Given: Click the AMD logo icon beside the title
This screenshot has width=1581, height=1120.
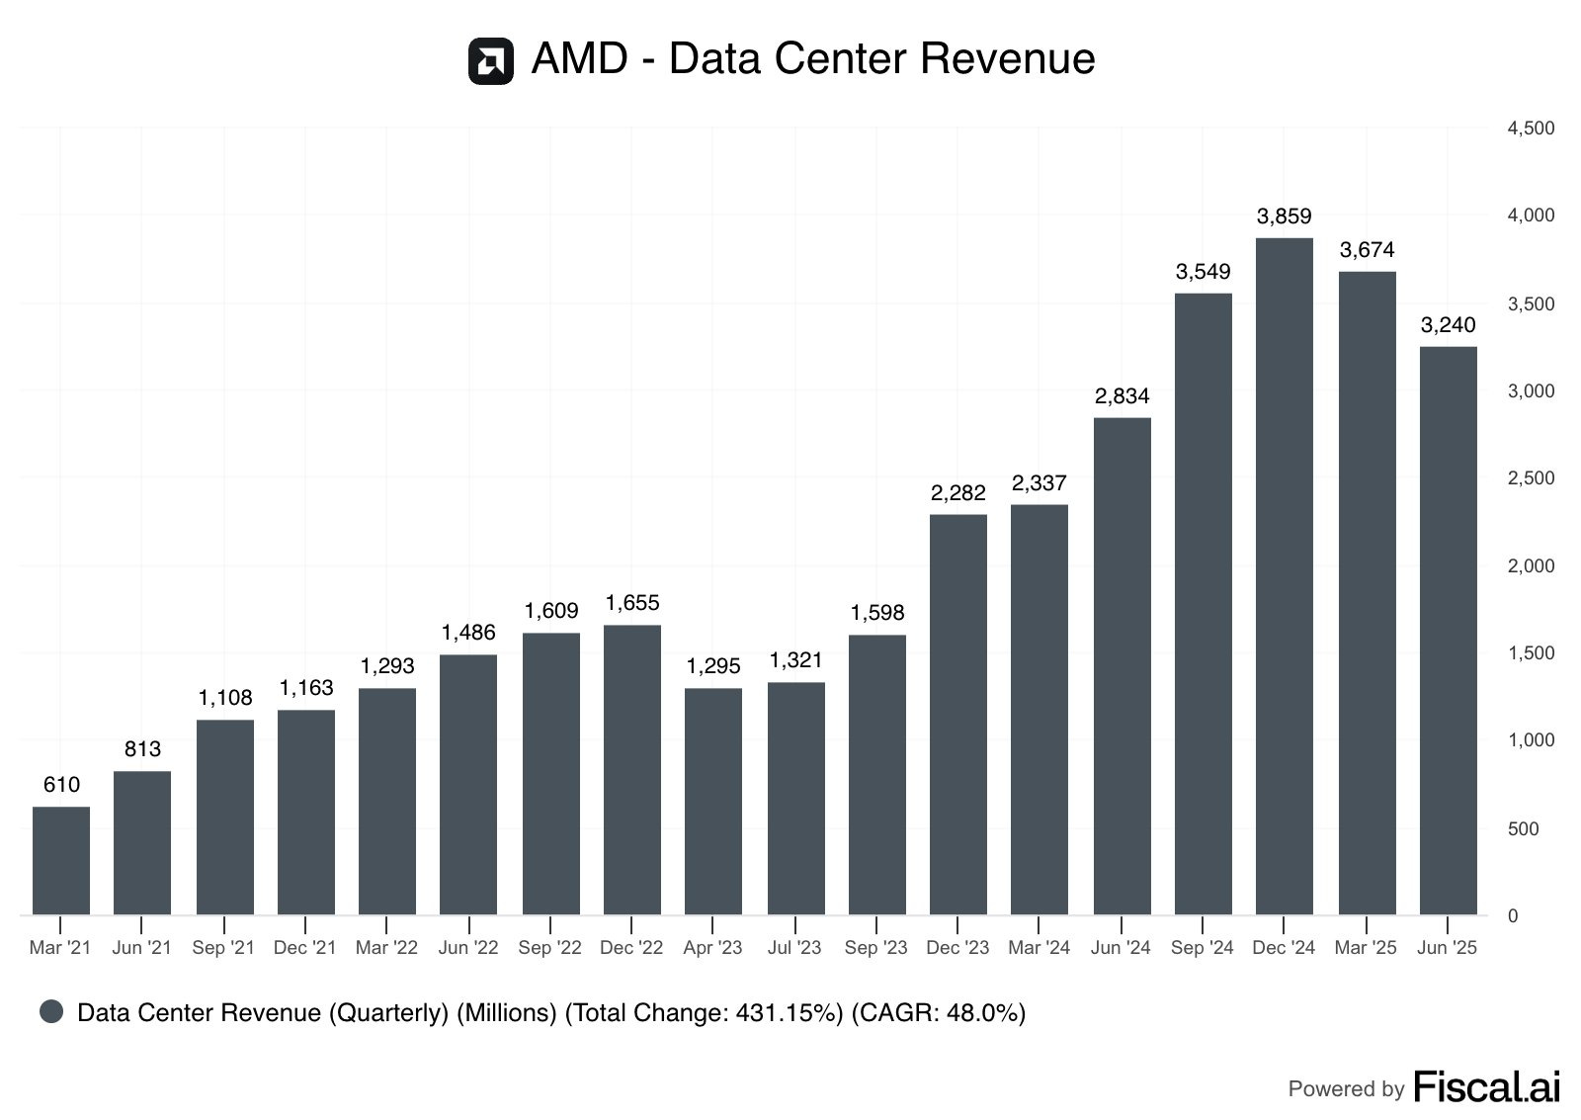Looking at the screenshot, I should (490, 61).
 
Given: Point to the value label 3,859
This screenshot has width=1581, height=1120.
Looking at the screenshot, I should (1284, 215).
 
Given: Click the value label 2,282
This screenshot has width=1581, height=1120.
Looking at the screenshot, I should (958, 492).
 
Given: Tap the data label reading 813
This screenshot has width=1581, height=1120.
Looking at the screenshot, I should (142, 749).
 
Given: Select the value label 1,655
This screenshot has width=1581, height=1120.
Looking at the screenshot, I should (632, 603).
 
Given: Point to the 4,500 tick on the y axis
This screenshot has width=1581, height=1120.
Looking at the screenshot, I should (1531, 129).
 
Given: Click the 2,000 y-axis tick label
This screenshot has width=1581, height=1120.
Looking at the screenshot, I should (1531, 565).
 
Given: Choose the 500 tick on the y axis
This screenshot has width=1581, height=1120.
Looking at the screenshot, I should (1524, 828).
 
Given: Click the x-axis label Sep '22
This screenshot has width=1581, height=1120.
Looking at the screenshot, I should (550, 948).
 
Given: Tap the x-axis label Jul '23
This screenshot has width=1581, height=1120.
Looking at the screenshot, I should (794, 948).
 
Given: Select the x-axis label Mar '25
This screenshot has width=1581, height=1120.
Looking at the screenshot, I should (1366, 948).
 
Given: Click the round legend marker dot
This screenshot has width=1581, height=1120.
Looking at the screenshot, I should (51, 1011).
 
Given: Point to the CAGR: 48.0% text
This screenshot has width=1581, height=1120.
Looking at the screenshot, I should (939, 1013).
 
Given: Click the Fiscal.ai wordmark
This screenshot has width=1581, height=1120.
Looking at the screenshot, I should (1486, 1086).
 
